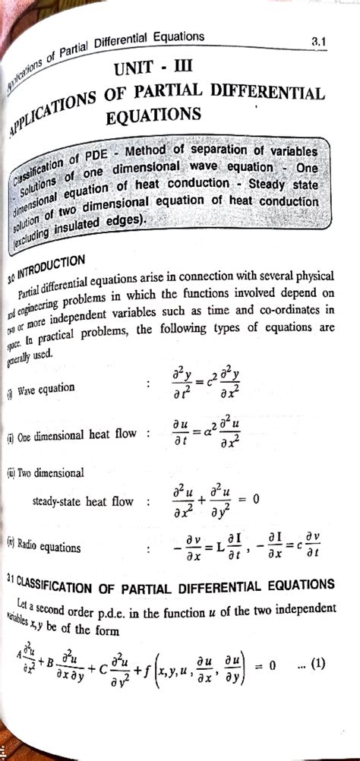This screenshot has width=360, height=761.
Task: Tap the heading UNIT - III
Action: pyautogui.click(x=153, y=68)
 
